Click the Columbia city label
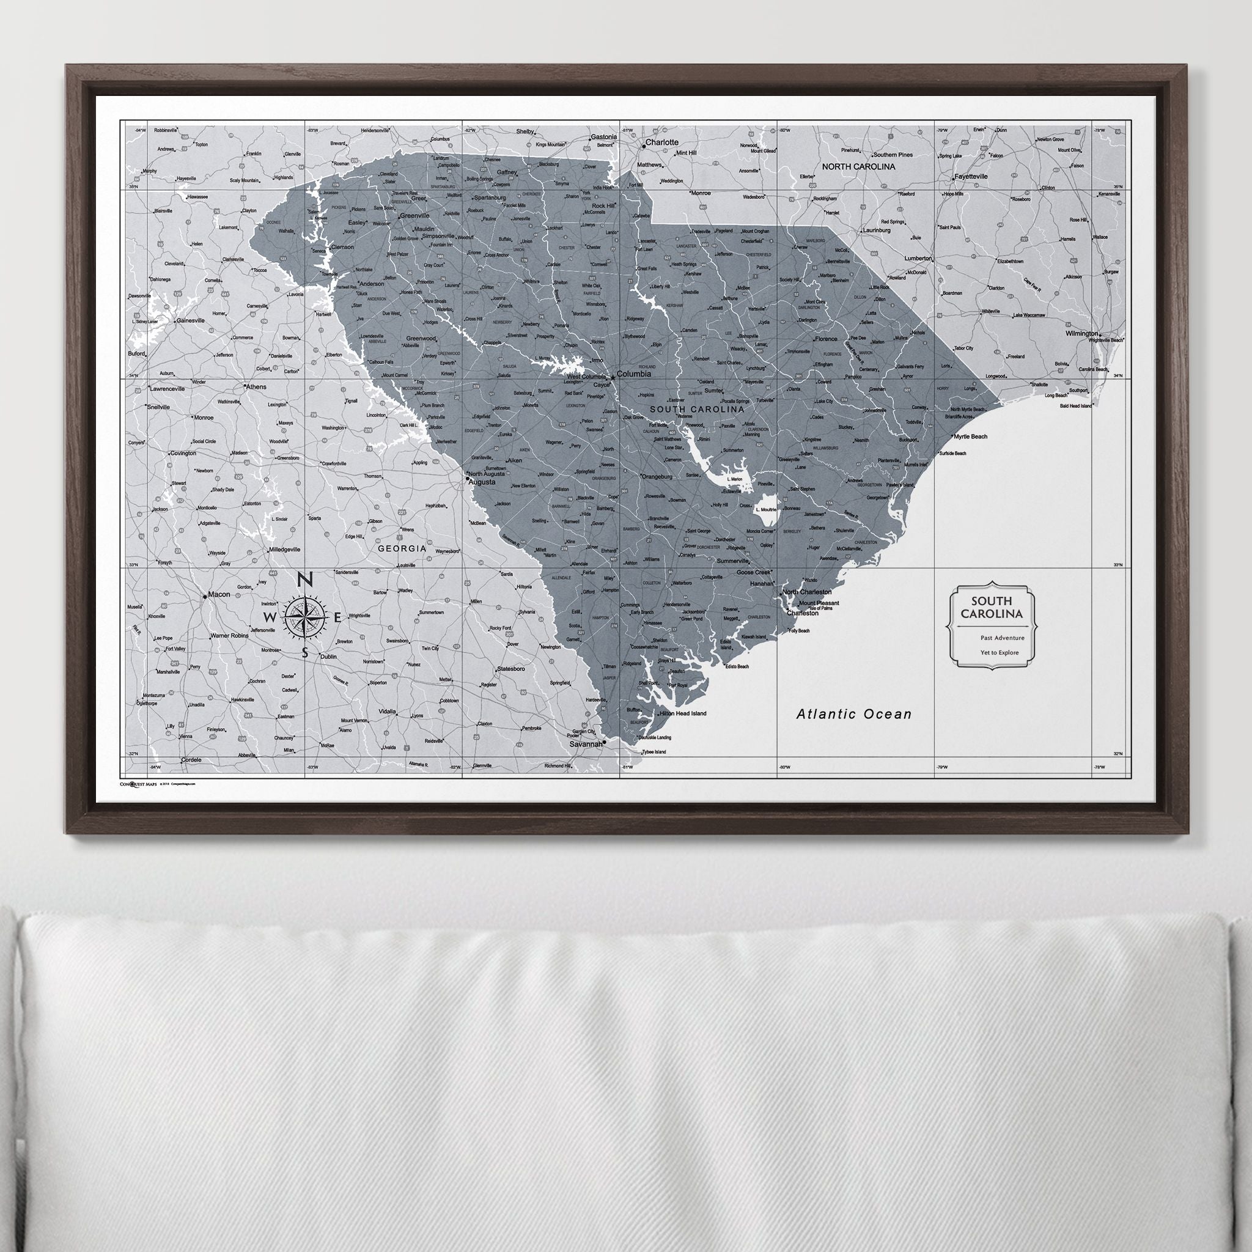[x=634, y=374]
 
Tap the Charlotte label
[x=661, y=142]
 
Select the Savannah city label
[x=586, y=745]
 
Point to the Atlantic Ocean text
[x=853, y=714]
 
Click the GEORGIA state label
[x=402, y=548]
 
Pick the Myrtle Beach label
[x=970, y=436]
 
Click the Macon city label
[x=219, y=594]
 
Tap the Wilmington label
[x=1082, y=334]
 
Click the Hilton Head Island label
[x=682, y=713]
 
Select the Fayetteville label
[x=970, y=176]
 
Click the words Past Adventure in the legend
[x=1003, y=638]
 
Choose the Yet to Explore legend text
[x=1000, y=652]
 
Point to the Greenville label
[x=414, y=215]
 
